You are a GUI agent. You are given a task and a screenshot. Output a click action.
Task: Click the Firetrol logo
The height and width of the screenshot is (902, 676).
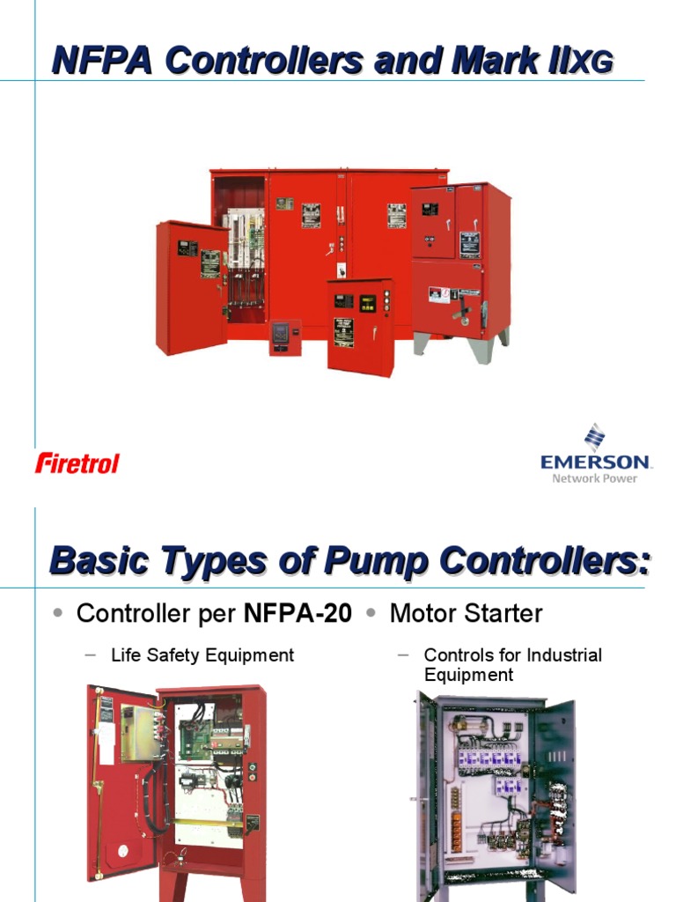coord(77,462)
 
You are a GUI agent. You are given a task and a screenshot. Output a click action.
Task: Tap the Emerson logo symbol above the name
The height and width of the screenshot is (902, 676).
coord(596,437)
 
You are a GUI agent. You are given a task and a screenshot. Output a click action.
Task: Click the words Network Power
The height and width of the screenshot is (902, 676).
coord(595,478)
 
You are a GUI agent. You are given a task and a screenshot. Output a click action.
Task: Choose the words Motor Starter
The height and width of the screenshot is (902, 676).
coord(466,614)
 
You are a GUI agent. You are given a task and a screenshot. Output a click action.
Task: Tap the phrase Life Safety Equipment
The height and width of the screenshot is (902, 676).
coord(202,655)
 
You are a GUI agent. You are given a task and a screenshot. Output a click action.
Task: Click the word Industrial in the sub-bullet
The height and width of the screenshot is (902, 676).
coord(563,655)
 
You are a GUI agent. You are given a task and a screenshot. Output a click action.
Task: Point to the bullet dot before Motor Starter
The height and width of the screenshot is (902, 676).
coord(372,613)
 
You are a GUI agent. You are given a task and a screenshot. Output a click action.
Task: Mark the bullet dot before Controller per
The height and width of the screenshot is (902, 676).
coord(58,613)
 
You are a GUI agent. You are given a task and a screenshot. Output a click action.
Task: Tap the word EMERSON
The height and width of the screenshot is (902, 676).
coord(595,462)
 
